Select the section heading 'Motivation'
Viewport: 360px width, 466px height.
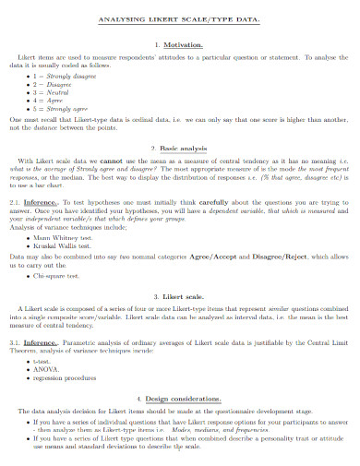tap(184, 44)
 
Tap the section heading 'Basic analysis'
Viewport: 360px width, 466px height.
tap(184, 148)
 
